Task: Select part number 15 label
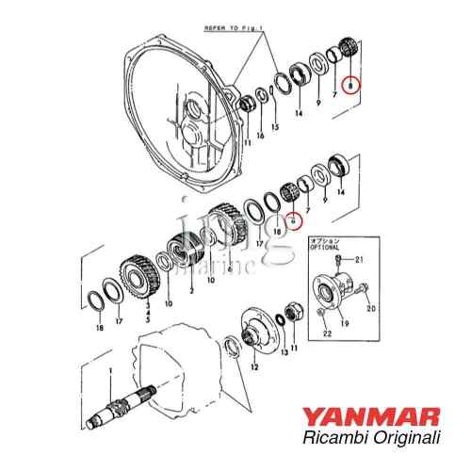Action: pos(275,127)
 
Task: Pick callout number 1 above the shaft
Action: pos(110,370)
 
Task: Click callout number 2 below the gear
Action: pos(191,292)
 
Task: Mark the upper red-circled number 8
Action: pos(350,85)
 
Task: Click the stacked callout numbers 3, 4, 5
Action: pos(147,312)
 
